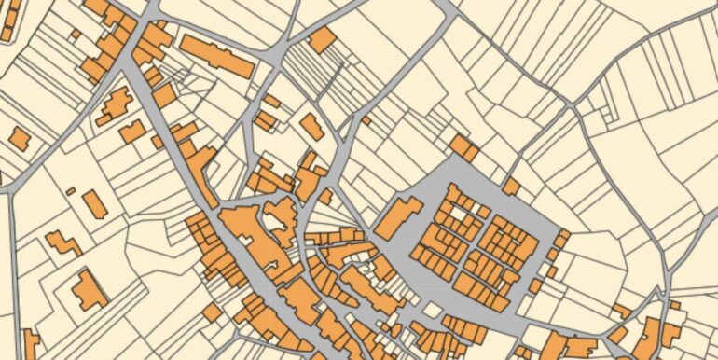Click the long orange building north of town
pyautogui.click(x=216, y=56)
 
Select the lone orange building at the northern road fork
pyautogui.click(x=322, y=40)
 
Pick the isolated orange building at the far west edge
pyautogui.click(x=19, y=139)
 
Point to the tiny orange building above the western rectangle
pyautogui.click(x=71, y=191)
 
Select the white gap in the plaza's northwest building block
pyautogui.click(x=456, y=213)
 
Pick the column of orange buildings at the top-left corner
pyautogui.click(x=9, y=19)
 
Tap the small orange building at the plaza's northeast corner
pyautogui.click(x=511, y=187)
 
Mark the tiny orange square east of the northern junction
pyautogui.click(x=366, y=120)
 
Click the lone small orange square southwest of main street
pyautogui.click(x=212, y=312)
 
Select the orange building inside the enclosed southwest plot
pyautogui.click(x=90, y=290)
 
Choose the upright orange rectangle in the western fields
pyautogui.click(x=94, y=204)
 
